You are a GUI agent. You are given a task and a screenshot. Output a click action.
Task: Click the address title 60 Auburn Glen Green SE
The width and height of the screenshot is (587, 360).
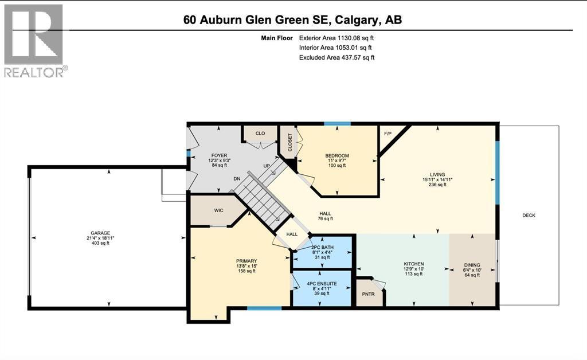(256, 19)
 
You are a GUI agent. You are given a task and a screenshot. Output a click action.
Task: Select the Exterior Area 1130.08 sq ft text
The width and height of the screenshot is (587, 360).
(336, 38)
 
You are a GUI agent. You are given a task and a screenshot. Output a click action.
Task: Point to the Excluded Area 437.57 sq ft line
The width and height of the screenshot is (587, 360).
(336, 57)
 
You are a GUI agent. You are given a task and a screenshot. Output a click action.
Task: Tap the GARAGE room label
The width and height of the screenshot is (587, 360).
(100, 233)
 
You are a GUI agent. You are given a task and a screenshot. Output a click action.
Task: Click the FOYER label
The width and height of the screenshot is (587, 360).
(219, 156)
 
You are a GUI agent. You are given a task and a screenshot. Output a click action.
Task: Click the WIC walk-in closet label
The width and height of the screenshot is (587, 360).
(218, 211)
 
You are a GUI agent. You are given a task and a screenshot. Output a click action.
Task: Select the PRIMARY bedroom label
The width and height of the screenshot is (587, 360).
(246, 261)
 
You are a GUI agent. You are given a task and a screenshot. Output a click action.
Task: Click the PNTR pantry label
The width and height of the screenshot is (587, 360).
(369, 294)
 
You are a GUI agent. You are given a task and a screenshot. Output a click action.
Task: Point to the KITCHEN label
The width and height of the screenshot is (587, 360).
(414, 264)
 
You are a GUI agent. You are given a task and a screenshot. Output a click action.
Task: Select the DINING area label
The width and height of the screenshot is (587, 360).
(472, 265)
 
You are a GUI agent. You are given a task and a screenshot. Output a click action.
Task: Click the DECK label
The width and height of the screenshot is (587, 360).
(529, 215)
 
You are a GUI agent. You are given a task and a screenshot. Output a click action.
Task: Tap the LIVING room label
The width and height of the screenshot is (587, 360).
(437, 174)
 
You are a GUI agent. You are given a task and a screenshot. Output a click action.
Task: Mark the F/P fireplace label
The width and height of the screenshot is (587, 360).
(388, 134)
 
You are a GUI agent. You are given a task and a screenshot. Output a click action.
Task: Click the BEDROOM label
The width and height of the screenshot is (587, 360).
(337, 156)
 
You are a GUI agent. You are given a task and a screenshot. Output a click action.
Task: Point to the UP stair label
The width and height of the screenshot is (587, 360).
(267, 166)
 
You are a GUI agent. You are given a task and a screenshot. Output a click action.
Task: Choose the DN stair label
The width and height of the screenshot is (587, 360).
(237, 179)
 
